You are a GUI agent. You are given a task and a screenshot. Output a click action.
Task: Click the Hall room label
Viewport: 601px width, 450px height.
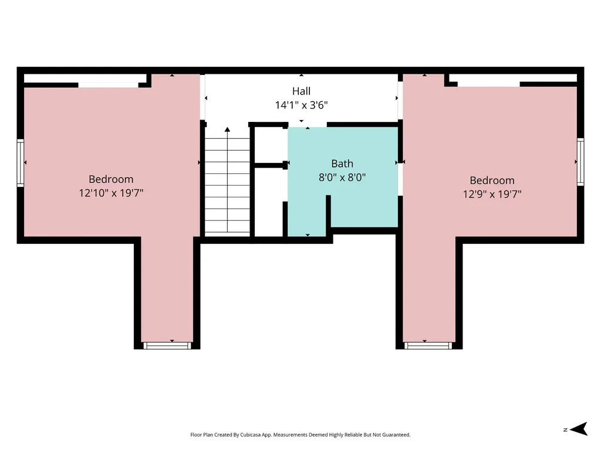301,91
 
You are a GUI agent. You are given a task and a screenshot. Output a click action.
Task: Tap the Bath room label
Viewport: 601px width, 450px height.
342,164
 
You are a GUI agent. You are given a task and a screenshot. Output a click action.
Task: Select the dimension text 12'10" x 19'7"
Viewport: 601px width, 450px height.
111,192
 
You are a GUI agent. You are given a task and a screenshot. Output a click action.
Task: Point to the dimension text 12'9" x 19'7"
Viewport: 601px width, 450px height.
492,194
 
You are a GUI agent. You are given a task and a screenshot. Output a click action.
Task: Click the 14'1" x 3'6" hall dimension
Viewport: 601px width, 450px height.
301,105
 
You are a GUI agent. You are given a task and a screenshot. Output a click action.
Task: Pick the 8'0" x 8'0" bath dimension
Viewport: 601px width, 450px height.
342,177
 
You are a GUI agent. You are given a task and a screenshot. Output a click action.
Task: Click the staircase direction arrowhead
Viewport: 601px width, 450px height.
227,129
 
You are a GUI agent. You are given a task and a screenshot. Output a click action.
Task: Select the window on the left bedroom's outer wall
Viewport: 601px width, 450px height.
21,163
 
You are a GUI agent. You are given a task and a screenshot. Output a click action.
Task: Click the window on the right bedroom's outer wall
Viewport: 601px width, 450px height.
580,162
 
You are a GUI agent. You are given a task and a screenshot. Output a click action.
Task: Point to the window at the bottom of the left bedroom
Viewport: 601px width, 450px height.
167,346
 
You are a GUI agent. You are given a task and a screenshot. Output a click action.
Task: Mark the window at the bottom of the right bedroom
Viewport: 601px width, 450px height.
428,346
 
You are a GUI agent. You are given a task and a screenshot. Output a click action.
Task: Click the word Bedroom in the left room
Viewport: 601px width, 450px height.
111,179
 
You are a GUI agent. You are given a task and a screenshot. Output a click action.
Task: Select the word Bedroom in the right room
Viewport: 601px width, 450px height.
492,180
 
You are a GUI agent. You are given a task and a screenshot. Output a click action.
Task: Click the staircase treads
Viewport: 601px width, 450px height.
227,185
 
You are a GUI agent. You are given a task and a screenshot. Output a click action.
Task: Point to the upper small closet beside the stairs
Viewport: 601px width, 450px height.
269,145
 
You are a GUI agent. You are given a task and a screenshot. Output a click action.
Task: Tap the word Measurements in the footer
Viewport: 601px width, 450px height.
291,435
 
